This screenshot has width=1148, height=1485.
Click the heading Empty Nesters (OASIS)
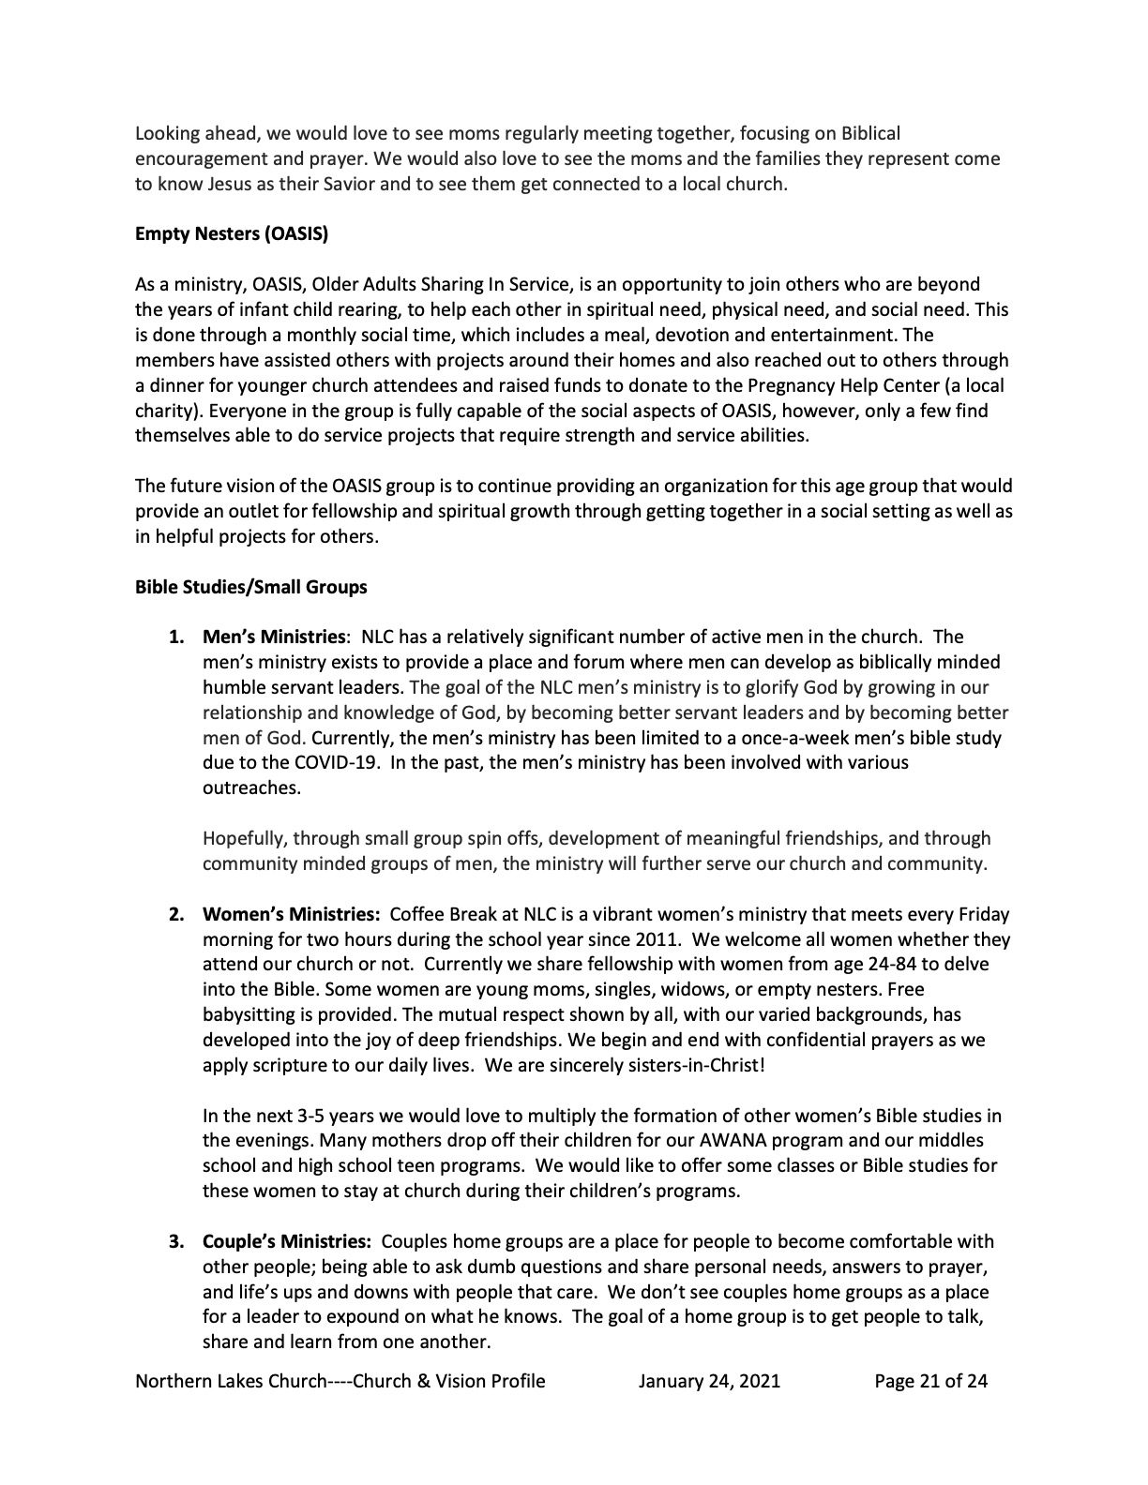click(232, 233)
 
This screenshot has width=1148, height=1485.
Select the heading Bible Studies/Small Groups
click(251, 588)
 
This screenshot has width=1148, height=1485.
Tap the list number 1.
click(176, 637)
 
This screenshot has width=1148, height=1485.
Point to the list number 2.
click(176, 914)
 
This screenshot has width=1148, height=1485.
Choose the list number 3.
click(176, 1242)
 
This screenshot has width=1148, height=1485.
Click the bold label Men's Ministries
click(274, 637)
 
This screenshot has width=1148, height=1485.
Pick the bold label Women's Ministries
click(291, 914)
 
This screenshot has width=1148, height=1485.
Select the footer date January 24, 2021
click(709, 1381)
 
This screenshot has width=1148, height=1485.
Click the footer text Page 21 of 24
click(930, 1381)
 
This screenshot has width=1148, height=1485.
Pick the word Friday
click(983, 914)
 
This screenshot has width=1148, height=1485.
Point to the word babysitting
click(249, 1015)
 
